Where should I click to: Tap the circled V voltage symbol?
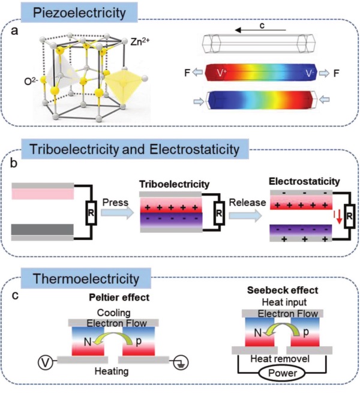point(42,362)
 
